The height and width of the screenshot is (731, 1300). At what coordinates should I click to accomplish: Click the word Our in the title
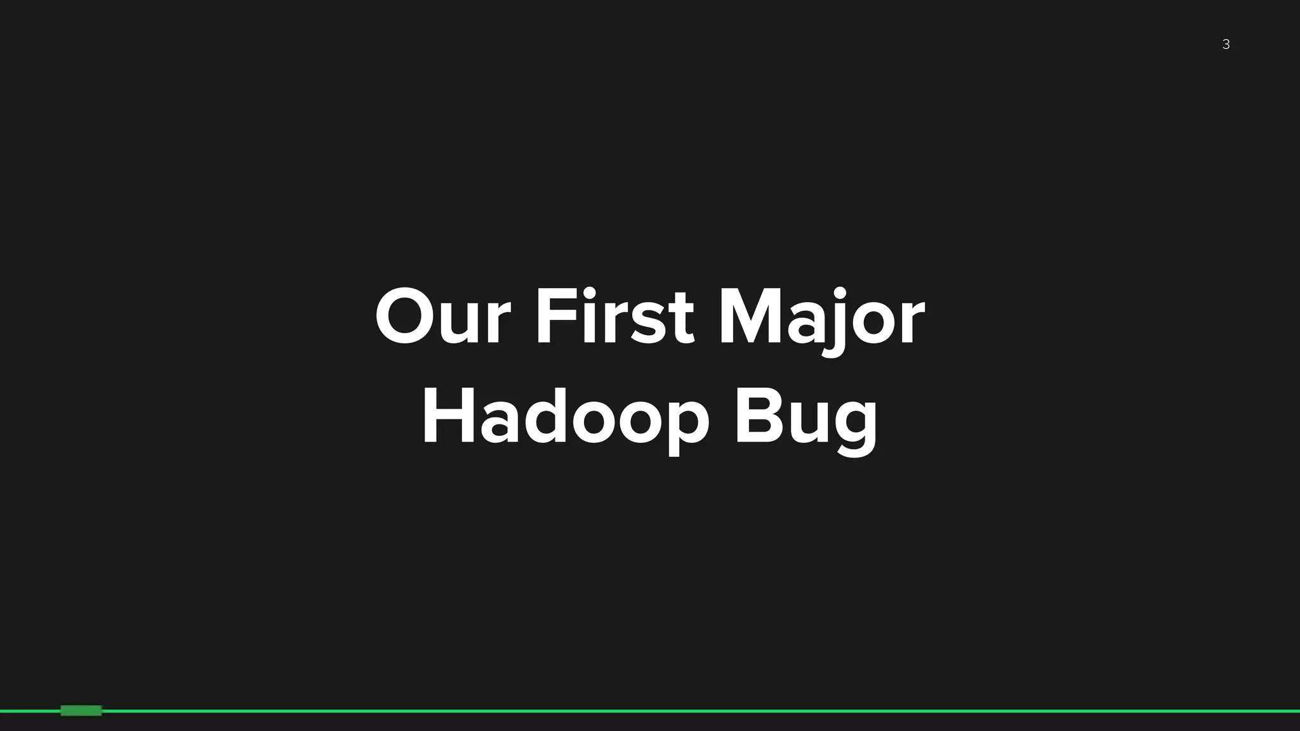point(442,317)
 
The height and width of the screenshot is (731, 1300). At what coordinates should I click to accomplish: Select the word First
point(614,317)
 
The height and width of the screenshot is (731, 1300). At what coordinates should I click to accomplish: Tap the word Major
point(821,317)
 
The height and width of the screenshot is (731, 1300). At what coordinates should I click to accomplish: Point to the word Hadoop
point(565,417)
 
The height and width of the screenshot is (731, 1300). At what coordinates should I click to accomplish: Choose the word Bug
point(806,417)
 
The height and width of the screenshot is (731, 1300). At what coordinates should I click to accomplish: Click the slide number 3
point(1226,44)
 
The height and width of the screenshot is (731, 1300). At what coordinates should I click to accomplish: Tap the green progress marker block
point(81,711)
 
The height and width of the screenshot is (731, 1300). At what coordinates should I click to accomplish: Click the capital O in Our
point(406,317)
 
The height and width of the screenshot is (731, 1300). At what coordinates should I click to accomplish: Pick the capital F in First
point(554,317)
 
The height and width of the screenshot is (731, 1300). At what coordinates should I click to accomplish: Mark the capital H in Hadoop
point(448,417)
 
